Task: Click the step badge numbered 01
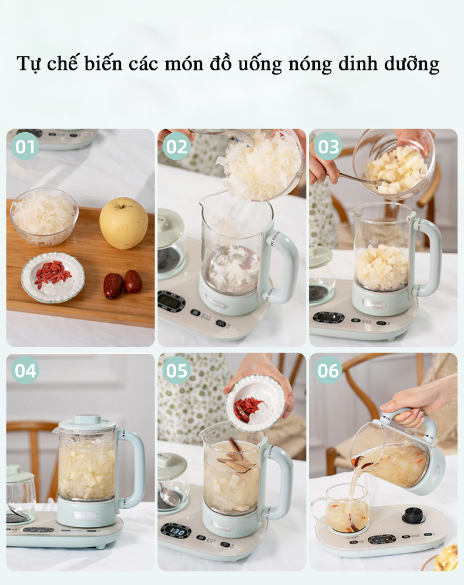[x=25, y=146]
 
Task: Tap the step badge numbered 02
[x=176, y=146]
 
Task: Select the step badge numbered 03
[x=328, y=146]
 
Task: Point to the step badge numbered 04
[x=25, y=371]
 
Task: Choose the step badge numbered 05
[x=176, y=371]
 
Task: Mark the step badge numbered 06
[x=328, y=371]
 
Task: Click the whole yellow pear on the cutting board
[x=123, y=223]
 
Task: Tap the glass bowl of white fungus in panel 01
[x=44, y=216]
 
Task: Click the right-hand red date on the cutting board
[x=133, y=281]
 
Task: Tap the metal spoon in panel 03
[x=358, y=179]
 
